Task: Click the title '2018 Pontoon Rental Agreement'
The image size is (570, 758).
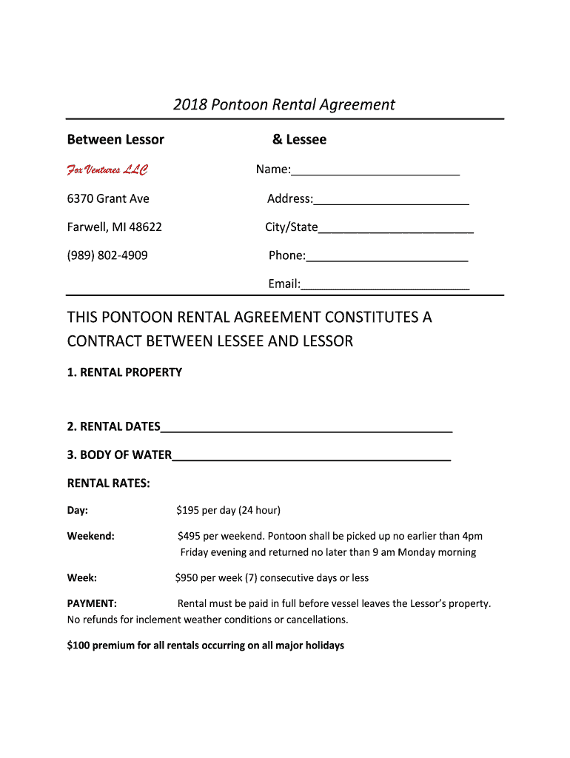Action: click(x=284, y=104)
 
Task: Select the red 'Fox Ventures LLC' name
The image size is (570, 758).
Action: click(x=107, y=170)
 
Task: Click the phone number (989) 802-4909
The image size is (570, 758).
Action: click(x=107, y=255)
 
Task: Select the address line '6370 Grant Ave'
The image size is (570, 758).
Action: click(x=108, y=198)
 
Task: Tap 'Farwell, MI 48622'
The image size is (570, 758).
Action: click(x=115, y=227)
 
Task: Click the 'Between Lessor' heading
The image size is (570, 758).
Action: click(x=115, y=139)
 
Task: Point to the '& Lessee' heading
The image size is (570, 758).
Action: click(x=299, y=139)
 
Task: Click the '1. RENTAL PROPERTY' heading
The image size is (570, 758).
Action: click(x=124, y=372)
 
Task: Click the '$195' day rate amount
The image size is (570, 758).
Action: click(x=187, y=510)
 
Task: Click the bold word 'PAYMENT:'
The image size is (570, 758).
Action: click(x=92, y=603)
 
